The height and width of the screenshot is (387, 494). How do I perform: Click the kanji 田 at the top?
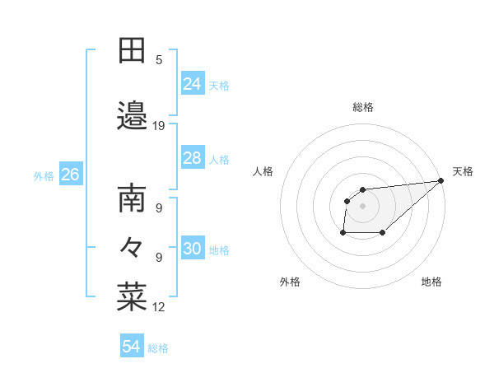[x=132, y=51]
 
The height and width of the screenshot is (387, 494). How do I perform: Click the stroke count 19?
[x=159, y=126]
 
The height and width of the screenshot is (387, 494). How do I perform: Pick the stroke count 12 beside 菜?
[x=159, y=307]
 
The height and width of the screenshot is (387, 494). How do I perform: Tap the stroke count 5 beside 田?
[x=159, y=59]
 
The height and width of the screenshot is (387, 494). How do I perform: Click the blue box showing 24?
[x=193, y=83]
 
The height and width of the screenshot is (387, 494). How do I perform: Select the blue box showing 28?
[x=193, y=157]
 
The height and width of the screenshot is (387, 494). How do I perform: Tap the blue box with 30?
[x=193, y=249]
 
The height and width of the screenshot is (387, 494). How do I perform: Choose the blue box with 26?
[x=71, y=175]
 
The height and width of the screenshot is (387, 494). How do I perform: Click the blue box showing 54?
[x=132, y=347]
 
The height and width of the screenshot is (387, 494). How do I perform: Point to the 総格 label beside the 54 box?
[x=158, y=348]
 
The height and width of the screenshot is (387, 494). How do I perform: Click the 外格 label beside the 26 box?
[x=44, y=175]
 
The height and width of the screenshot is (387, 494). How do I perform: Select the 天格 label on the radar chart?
[x=463, y=171]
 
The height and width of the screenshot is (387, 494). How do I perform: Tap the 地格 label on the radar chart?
[x=431, y=282]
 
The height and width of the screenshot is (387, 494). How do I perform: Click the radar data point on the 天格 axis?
[x=441, y=181]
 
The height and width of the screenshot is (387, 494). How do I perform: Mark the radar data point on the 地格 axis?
[x=383, y=233]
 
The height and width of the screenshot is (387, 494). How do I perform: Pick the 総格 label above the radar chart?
[x=363, y=107]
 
